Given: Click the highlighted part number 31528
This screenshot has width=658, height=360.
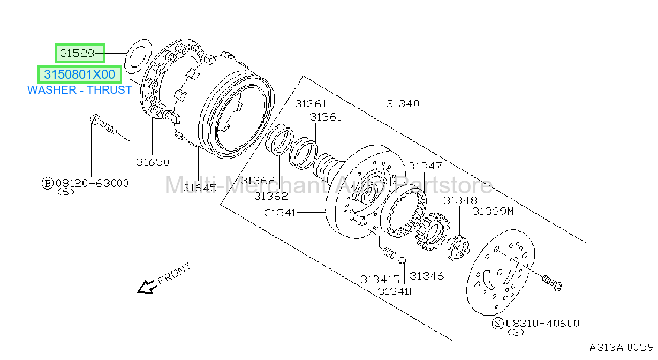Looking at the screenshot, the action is coord(77,53).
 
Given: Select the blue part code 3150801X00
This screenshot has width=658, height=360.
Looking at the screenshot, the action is coord(79,74).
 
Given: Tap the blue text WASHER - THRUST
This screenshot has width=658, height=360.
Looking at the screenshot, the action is coord(79,90).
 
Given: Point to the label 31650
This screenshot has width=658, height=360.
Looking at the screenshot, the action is coord(153,162).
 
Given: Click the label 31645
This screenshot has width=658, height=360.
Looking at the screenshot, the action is coord(200,188).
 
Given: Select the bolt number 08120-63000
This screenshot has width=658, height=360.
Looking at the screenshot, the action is coord(92,183).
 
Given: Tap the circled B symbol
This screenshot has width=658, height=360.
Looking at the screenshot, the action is coord(47,183).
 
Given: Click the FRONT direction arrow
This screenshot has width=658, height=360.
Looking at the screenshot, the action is coord(147,287).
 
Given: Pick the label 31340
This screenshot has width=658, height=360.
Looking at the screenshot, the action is coord(403,103).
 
